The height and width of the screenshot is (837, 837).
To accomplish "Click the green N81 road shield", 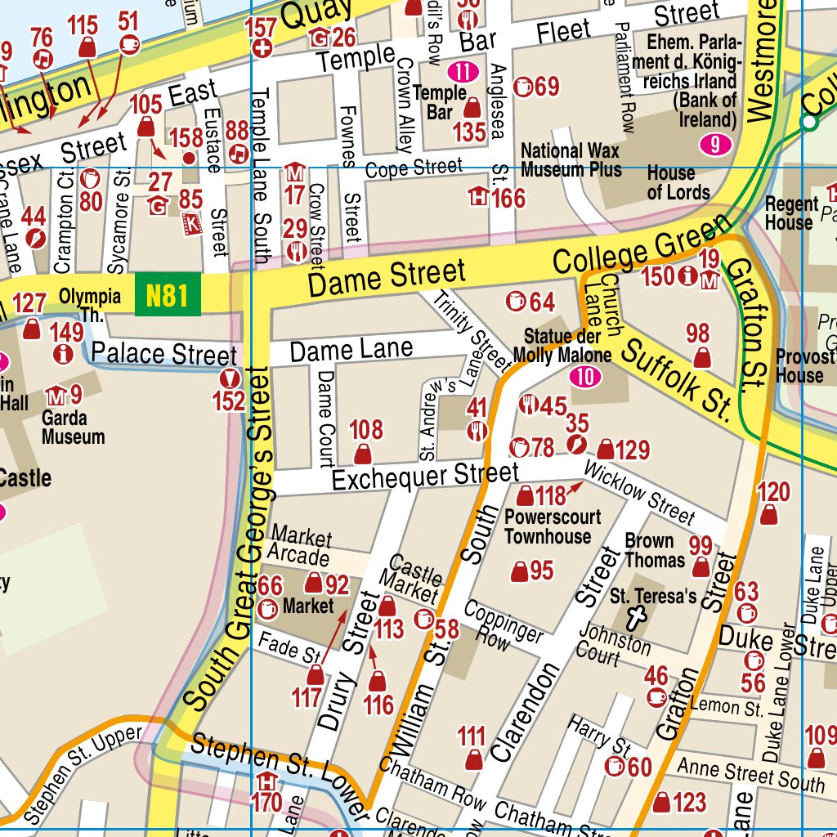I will point(168,294).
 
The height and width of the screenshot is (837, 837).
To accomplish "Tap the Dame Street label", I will point(387,278).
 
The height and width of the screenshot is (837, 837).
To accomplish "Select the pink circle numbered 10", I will point(585,377).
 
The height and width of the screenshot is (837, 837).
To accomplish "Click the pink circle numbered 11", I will point(463,71).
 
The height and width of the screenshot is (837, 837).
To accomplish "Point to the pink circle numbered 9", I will point(715,145).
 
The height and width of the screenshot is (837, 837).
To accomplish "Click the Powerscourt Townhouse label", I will point(553,527).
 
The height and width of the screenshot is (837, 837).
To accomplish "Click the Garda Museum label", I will point(73,427).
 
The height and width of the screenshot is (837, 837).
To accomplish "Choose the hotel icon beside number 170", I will point(266,781).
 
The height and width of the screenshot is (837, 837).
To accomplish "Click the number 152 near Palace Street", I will point(229,401).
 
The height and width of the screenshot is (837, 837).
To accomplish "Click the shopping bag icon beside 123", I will point(663,803).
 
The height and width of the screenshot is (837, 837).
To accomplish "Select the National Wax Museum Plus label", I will point(571,160).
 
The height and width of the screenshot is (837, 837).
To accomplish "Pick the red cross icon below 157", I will point(262,48).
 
